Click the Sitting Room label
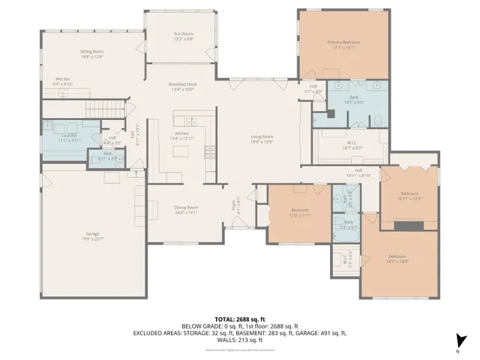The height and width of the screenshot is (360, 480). tap(91, 53)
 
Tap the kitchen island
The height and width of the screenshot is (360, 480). tap(180, 151)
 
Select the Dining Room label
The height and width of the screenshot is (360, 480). tap(186, 209)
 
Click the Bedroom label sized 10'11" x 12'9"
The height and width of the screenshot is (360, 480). tap(409, 195)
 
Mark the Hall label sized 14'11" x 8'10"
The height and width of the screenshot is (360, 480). tap(358, 172)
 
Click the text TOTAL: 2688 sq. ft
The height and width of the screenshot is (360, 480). tap(239, 319)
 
